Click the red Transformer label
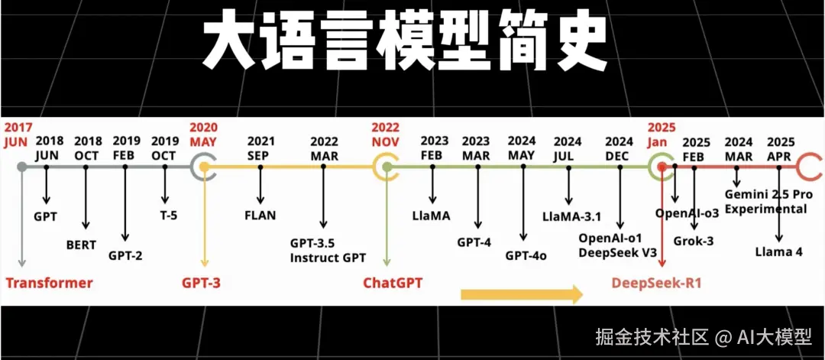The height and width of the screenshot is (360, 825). (x=49, y=283)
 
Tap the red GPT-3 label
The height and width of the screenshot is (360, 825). (x=201, y=283)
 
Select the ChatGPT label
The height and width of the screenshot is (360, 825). (x=393, y=283)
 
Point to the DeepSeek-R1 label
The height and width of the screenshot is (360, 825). (x=656, y=284)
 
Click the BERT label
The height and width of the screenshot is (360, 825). (x=82, y=245)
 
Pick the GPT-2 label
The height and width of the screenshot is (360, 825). (x=125, y=255)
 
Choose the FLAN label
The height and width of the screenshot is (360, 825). (x=260, y=216)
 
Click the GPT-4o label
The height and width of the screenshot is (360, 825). (x=526, y=255)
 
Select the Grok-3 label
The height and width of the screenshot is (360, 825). (x=694, y=241)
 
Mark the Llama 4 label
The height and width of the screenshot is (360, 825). (x=779, y=251)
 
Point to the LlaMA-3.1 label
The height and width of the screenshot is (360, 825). (x=572, y=216)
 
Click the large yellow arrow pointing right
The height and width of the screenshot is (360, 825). (x=522, y=294)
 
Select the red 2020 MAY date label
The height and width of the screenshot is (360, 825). (x=203, y=134)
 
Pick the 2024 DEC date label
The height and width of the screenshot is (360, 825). (x=619, y=148)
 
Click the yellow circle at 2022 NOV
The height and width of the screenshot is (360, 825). (x=387, y=166)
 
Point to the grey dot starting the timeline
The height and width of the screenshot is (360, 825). (x=22, y=166)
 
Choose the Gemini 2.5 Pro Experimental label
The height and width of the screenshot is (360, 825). (x=765, y=202)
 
